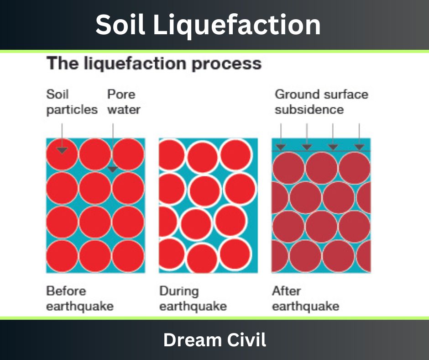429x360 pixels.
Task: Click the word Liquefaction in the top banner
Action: point(237,25)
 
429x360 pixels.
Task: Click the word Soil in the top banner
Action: point(120,24)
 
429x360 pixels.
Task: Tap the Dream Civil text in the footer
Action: point(215,340)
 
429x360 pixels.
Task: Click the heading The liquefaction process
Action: point(154,64)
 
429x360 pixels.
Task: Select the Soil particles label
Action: point(72,102)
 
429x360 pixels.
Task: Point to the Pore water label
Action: point(124,102)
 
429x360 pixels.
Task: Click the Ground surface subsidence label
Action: point(321,102)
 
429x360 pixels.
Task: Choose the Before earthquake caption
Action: point(80,299)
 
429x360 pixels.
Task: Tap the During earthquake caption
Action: point(193,299)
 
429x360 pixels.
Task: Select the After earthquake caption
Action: point(306,299)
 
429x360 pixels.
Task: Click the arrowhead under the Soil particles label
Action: point(62,150)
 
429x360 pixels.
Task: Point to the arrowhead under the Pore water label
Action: point(113,169)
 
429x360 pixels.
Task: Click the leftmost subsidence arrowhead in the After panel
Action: point(281,147)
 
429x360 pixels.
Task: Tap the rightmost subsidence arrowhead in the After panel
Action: point(359,147)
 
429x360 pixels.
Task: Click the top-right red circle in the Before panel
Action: point(128,154)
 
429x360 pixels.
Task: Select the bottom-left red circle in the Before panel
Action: point(62,256)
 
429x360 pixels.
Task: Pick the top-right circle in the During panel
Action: point(235,155)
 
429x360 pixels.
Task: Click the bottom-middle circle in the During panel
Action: point(203,258)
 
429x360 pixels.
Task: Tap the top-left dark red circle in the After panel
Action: point(288,168)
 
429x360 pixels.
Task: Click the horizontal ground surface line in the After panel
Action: point(321,151)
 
